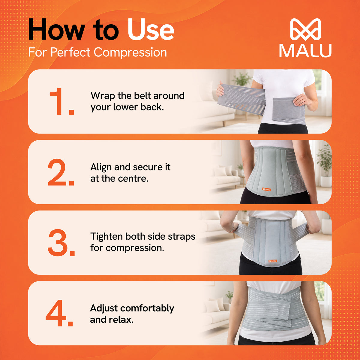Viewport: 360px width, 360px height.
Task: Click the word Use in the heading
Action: point(151,30)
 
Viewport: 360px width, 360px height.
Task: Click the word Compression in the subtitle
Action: point(130,52)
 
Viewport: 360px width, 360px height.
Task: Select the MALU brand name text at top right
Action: point(305,51)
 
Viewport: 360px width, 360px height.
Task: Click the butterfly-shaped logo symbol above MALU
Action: point(305,29)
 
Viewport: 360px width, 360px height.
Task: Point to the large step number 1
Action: point(62,101)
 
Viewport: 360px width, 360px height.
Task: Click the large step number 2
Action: point(61,172)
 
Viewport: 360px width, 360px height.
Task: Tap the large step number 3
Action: point(61,242)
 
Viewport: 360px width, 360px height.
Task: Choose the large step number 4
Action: point(59,313)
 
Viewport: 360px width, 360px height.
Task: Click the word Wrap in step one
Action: point(103,96)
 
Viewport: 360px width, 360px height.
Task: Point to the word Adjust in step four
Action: point(104,308)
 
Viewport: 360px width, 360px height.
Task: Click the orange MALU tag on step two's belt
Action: point(267,189)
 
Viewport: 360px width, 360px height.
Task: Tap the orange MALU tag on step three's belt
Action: point(273,261)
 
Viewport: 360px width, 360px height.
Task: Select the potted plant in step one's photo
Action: point(242,79)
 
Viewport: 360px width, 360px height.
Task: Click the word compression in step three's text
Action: point(135,248)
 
